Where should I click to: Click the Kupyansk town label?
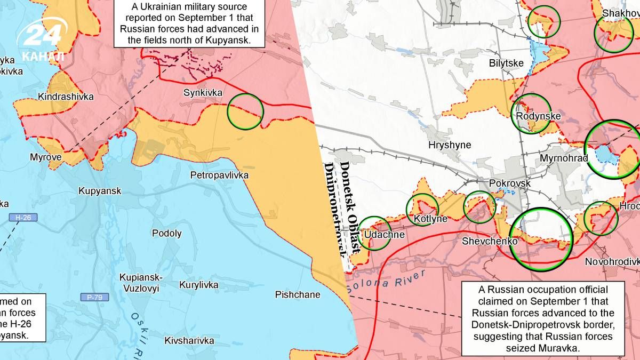(x=100, y=191)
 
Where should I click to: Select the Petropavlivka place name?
(x=219, y=175)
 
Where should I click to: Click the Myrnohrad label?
(x=563, y=158)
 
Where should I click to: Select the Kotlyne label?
(x=430, y=219)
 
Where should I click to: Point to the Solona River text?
(x=387, y=281)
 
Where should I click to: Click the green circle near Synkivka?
(x=245, y=111)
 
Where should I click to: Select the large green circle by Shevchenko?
(x=540, y=239)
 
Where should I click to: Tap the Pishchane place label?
(x=298, y=294)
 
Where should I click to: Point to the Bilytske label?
(x=507, y=63)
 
